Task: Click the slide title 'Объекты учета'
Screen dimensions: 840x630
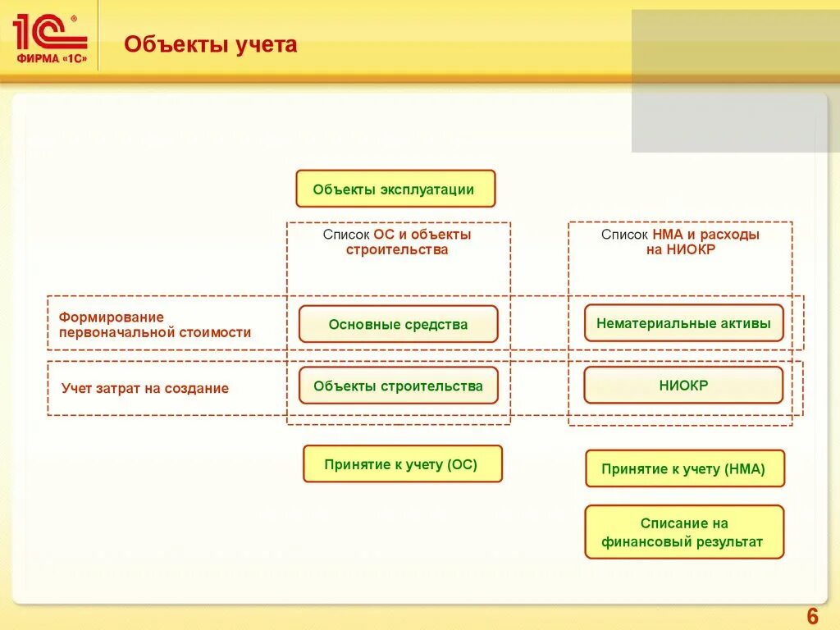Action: tap(211, 44)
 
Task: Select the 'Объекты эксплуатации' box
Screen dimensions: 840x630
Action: tap(395, 189)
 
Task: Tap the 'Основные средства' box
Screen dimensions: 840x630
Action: tap(398, 324)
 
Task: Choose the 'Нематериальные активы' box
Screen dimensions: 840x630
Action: tap(683, 323)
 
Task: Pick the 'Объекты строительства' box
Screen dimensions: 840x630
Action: tap(398, 386)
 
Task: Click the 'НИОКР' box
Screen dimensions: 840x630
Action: tap(683, 385)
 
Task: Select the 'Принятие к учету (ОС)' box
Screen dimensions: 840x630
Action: tap(402, 464)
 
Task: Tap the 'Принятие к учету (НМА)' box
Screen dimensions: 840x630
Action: tap(684, 469)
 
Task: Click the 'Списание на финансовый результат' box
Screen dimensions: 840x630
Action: tap(684, 532)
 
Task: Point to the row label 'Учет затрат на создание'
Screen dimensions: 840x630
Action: tap(145, 388)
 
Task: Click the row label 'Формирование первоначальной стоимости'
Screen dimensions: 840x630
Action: tap(154, 325)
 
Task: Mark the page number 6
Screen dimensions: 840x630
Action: tap(813, 616)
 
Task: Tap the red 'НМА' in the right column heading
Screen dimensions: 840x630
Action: tap(666, 235)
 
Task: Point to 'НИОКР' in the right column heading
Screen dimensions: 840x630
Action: tap(691, 250)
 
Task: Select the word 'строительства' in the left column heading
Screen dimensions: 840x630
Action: tap(397, 250)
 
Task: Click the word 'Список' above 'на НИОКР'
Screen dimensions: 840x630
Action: tap(625, 235)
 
